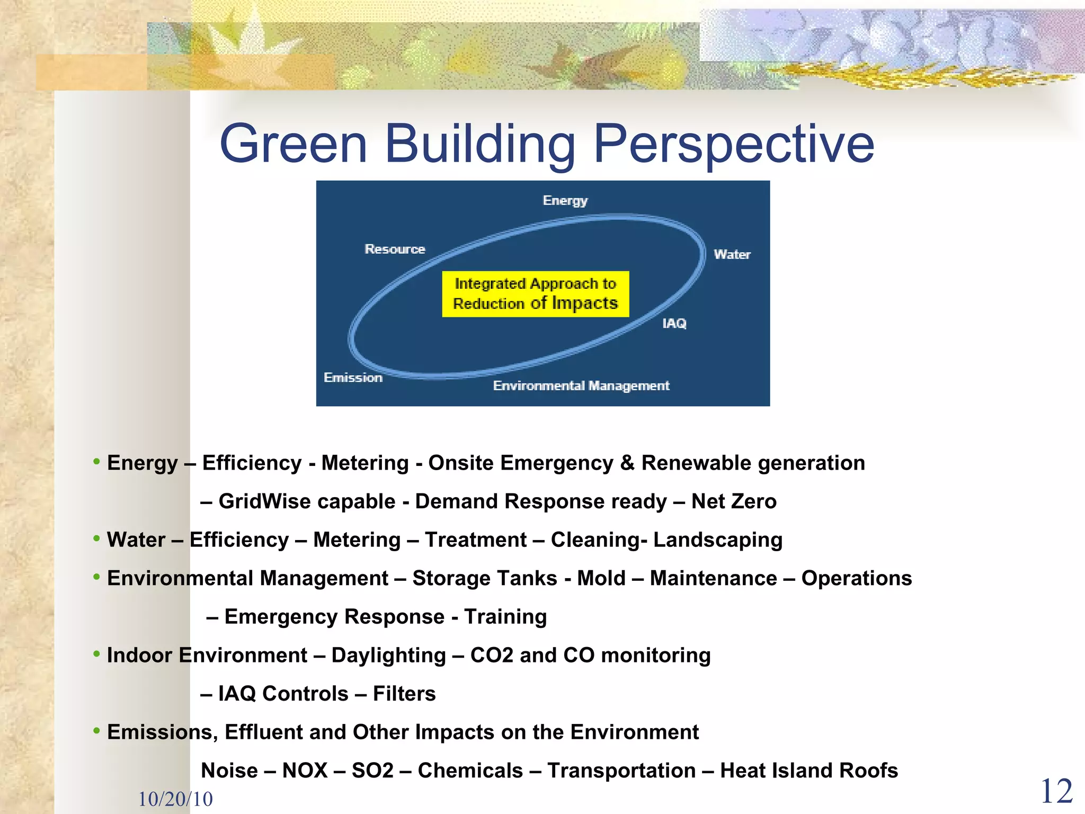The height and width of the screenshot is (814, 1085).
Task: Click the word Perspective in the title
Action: (734, 144)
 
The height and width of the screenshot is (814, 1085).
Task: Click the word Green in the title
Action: (293, 144)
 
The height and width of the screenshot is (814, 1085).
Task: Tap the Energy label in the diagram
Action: (565, 200)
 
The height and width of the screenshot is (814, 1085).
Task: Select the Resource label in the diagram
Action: (395, 249)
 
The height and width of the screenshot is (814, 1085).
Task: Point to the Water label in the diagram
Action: (732, 254)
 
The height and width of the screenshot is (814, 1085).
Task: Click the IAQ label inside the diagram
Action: (674, 323)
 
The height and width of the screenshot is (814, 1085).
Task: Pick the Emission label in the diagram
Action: (353, 377)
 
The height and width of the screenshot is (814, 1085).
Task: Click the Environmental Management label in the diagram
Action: (581, 385)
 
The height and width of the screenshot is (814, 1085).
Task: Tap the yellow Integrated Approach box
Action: (535, 294)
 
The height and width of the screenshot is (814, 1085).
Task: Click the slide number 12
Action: (1056, 792)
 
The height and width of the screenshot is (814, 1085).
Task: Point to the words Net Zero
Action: (734, 501)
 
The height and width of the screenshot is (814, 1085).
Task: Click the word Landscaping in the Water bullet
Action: (717, 540)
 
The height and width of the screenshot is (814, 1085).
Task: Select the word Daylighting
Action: (388, 656)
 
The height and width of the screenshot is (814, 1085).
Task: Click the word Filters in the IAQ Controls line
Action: (404, 694)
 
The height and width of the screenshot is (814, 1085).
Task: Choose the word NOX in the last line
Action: (305, 771)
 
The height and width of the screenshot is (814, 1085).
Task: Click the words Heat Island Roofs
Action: (808, 771)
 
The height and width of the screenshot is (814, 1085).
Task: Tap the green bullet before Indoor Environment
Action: (96, 654)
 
